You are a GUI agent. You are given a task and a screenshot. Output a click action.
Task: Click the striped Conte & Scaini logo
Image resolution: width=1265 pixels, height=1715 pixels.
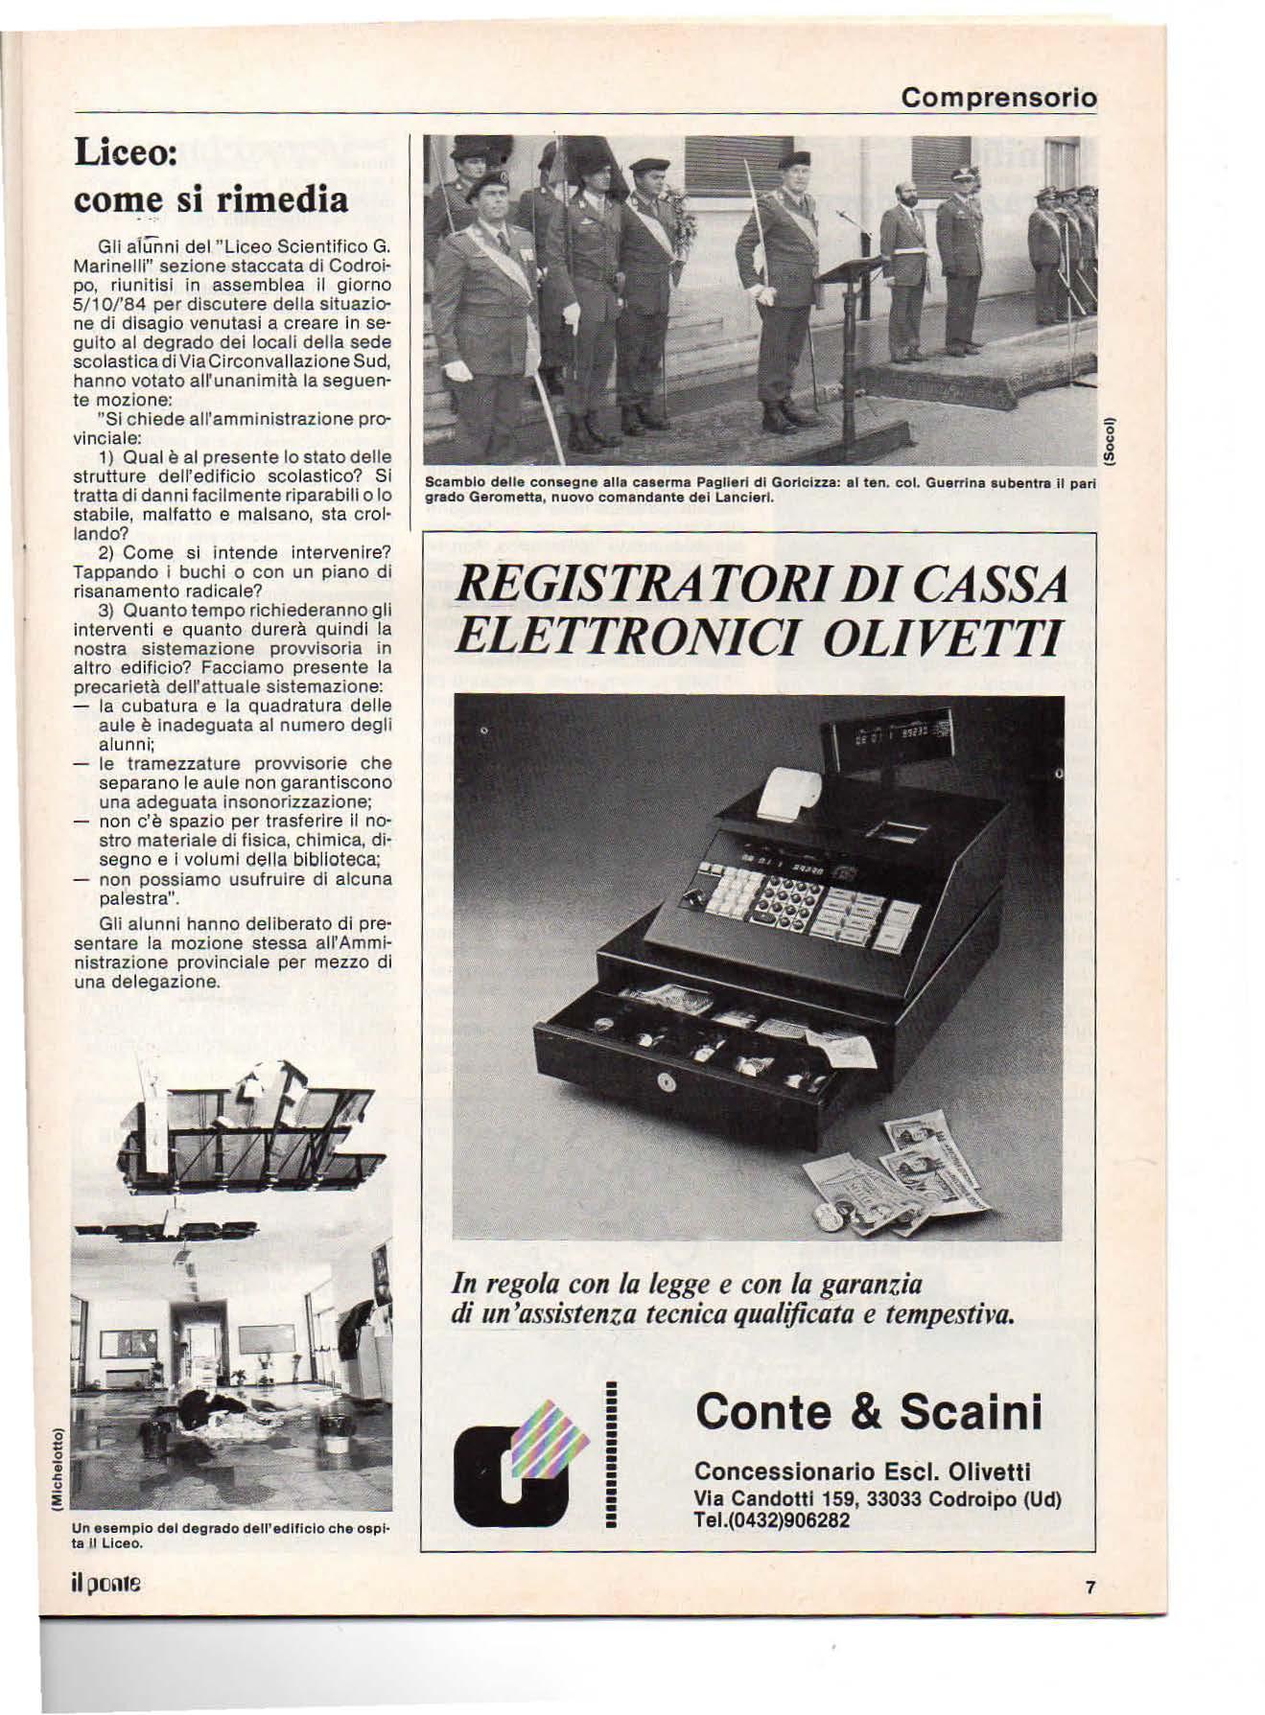coord(526,1463)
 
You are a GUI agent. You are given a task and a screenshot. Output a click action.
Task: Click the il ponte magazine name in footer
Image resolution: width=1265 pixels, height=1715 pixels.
coord(106,1584)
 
